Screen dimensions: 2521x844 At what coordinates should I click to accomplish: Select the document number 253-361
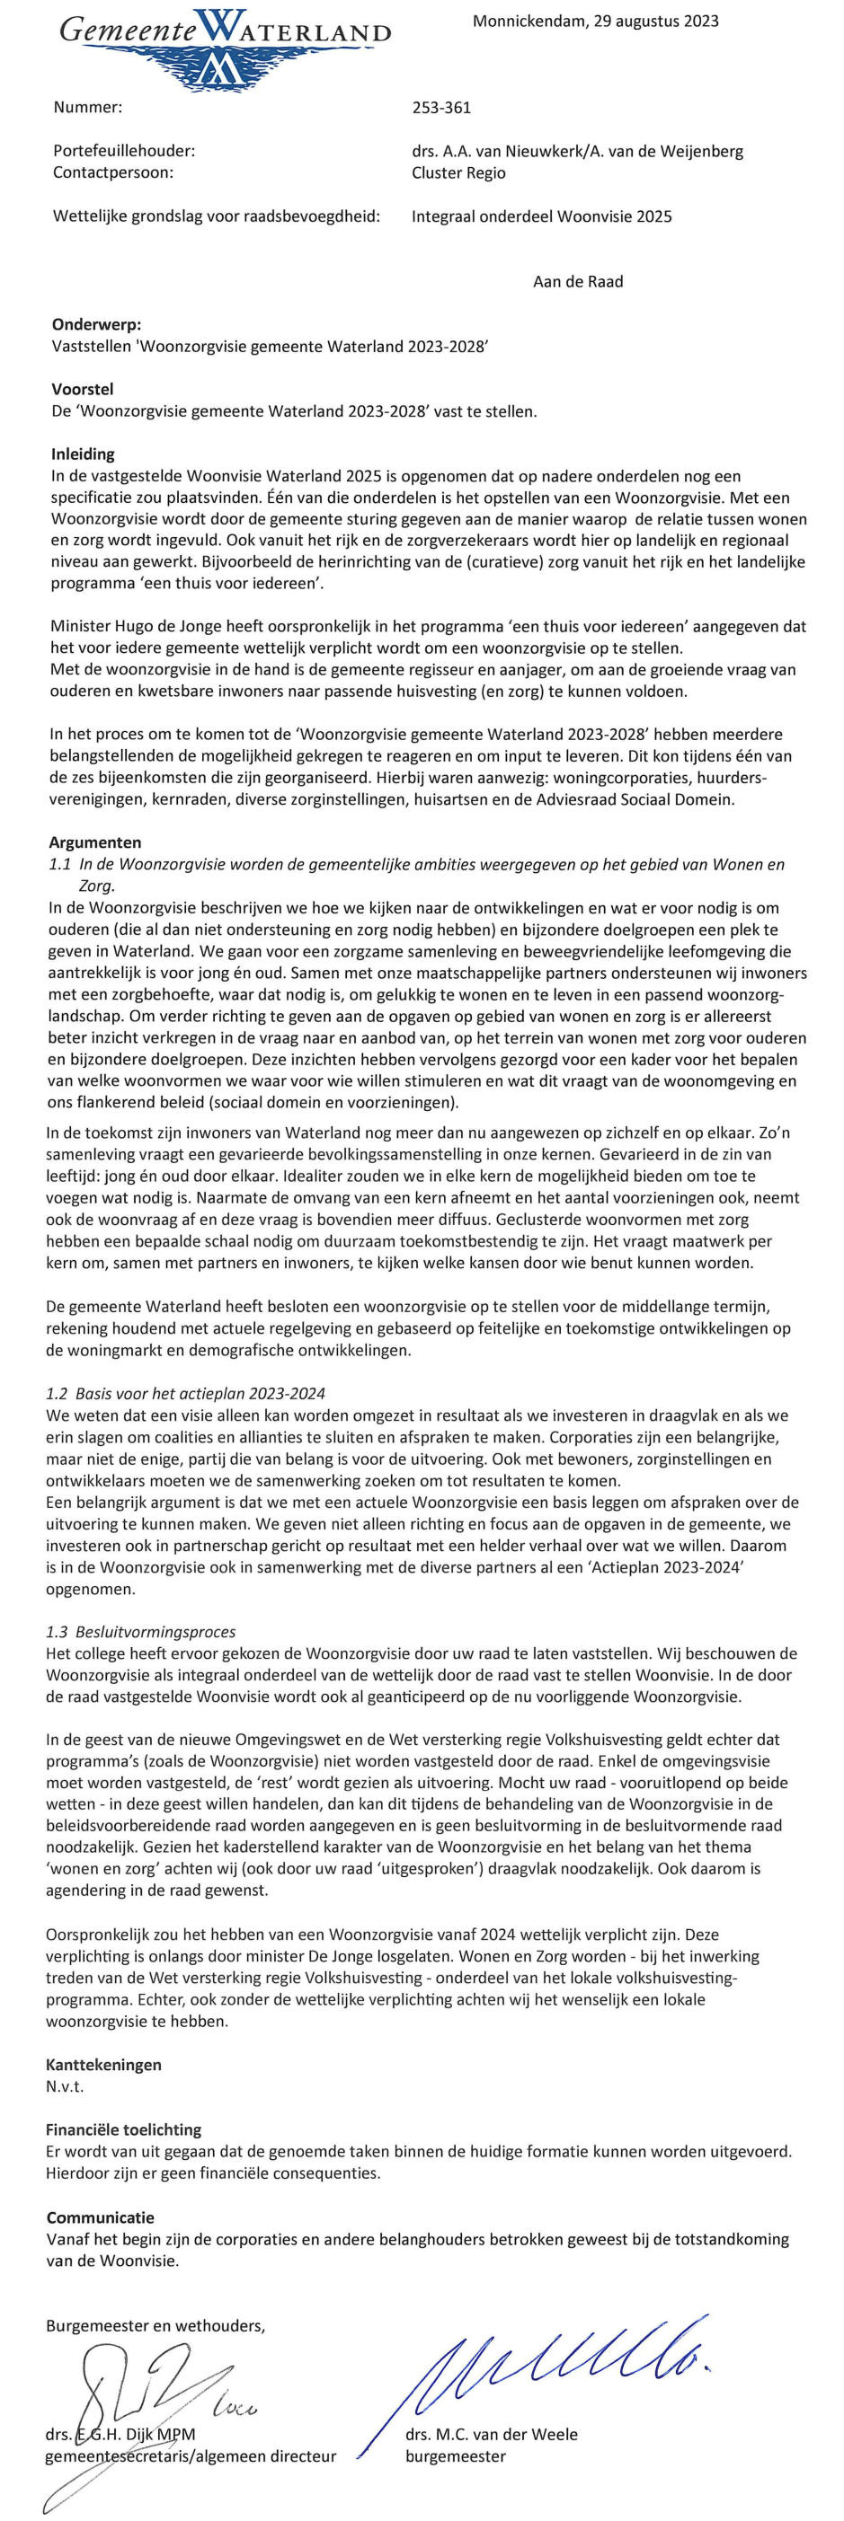pos(441,108)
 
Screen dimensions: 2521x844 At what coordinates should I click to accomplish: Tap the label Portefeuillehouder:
pos(124,151)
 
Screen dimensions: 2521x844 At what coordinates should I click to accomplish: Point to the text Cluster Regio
pos(459,172)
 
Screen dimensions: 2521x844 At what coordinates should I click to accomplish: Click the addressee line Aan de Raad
pos(578,282)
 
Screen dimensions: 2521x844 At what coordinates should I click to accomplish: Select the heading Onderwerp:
pos(96,324)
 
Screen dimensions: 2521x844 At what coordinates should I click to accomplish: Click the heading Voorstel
pos(83,390)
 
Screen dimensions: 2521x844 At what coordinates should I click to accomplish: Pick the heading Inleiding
pos(83,454)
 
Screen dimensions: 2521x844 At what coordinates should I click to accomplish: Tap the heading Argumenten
pos(95,842)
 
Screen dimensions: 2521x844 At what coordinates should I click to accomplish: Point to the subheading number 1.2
pos(57,1394)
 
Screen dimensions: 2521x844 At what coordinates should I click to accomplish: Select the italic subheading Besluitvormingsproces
pos(155,1631)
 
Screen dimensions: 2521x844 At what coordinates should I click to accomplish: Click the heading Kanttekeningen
pos(103,2064)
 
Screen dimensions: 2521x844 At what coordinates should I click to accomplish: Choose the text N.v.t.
pos(65,2085)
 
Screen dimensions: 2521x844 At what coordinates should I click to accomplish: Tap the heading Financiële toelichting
pos(123,2129)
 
